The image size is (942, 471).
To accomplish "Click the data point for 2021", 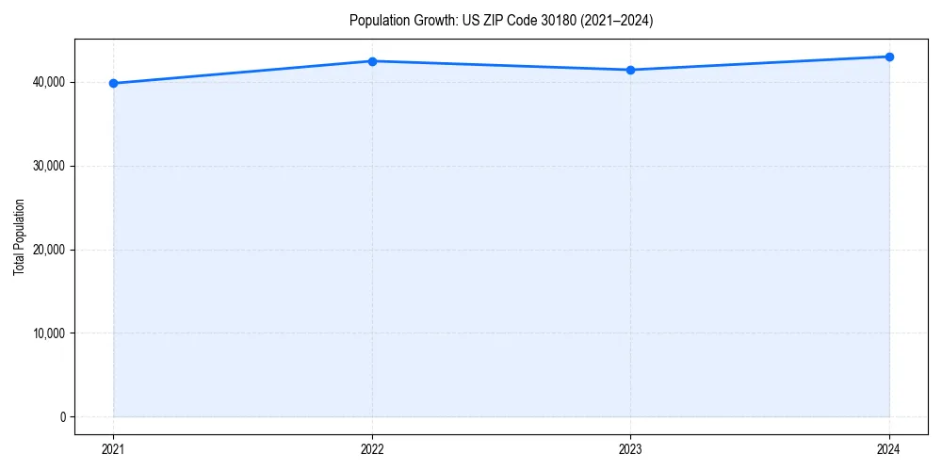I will [x=113, y=83].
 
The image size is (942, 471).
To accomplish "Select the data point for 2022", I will [x=372, y=61].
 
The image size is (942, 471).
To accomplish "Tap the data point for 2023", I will [x=630, y=70].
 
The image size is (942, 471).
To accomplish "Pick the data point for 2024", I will [x=889, y=57].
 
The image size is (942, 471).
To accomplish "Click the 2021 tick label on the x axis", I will [x=113, y=448].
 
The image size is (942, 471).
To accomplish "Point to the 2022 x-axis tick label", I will [x=372, y=448].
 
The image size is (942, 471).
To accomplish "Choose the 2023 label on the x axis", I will [x=630, y=448].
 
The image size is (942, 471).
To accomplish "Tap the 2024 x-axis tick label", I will [x=889, y=448].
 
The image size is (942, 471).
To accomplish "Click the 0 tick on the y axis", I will [x=61, y=416].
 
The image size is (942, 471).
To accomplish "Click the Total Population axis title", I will [x=19, y=236].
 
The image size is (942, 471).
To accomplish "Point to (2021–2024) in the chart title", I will [x=617, y=21].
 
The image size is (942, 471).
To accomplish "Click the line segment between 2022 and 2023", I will [x=501, y=66].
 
